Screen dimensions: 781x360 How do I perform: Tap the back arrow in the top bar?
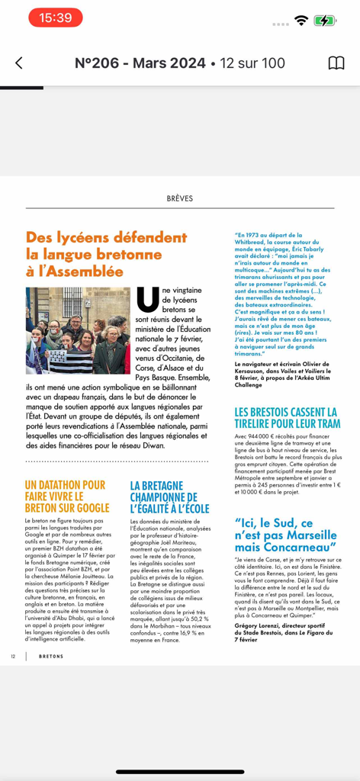[x=19, y=63]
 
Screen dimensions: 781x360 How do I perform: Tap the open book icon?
[x=336, y=63]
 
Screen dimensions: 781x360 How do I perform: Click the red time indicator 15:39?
[x=55, y=18]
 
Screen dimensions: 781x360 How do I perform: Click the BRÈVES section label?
[x=180, y=198]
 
